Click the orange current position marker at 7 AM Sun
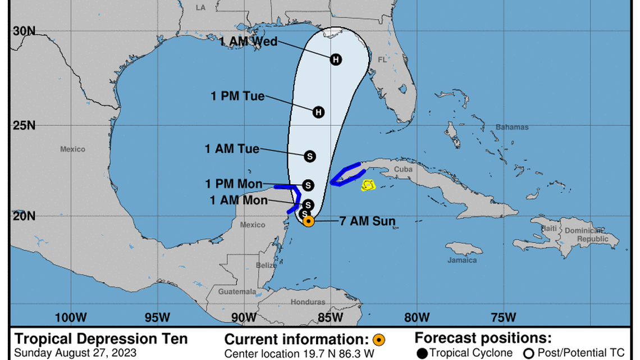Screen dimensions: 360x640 tap(308, 221)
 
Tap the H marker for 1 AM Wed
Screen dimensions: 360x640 tap(336, 59)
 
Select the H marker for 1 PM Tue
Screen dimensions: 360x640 tap(319, 112)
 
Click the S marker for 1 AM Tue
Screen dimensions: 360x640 tap(309, 156)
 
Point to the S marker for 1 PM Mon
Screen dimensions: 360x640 tap(308, 185)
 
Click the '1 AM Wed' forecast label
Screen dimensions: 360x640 tap(248, 41)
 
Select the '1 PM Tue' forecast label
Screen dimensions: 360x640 tap(237, 96)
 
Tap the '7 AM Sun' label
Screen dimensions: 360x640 tap(367, 221)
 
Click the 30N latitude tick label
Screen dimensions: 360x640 tap(24, 31)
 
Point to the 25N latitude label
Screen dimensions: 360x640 tap(24, 125)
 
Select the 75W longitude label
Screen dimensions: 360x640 tap(503, 317)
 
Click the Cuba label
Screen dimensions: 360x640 tap(403, 169)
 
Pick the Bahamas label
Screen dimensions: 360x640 tap(511, 127)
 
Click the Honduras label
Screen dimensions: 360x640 tap(308, 302)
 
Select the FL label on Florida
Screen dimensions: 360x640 tap(382, 60)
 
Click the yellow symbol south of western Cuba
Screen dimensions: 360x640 tap(368, 185)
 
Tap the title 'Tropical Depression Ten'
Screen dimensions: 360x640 tap(101, 339)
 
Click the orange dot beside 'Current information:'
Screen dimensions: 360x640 tap(379, 339)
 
